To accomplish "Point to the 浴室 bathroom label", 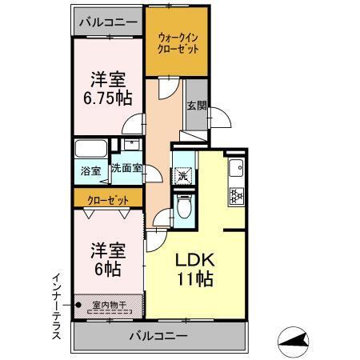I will pyautogui.click(x=90, y=170).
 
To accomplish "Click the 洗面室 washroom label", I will pyautogui.click(x=126, y=169).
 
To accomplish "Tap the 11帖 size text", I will pyautogui.click(x=193, y=281).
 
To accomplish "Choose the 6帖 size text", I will pyautogui.click(x=106, y=270).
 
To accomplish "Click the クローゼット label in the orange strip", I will pyautogui.click(x=108, y=198).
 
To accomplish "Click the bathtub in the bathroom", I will pyautogui.click(x=91, y=149).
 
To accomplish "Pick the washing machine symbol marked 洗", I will pyautogui.click(x=183, y=175).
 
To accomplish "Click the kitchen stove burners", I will pyautogui.click(x=237, y=194).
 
